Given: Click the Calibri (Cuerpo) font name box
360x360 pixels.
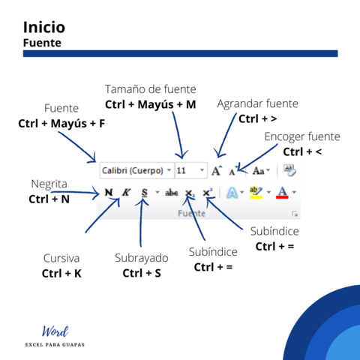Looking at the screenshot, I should click(131, 170).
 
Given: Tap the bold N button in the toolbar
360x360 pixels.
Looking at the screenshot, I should click(109, 193).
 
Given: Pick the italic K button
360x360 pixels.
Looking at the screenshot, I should click(125, 193).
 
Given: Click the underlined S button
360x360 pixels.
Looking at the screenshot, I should click(144, 193).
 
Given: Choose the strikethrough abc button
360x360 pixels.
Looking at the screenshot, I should click(172, 193).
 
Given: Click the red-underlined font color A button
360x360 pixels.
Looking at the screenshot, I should click(282, 193).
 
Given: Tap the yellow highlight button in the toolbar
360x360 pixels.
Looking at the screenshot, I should click(256, 193).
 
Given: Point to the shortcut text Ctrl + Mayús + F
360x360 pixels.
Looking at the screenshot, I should click(61, 122).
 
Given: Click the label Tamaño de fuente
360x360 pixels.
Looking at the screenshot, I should click(150, 88).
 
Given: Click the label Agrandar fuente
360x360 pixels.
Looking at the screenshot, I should click(257, 103).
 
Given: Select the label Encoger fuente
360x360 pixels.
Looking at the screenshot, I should click(302, 136).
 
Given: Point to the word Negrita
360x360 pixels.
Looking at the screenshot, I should click(49, 184).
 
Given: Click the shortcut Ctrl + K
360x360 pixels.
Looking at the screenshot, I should click(61, 273).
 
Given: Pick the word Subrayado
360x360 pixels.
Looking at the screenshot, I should click(142, 258).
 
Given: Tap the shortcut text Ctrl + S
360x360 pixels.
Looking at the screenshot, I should click(142, 273).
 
